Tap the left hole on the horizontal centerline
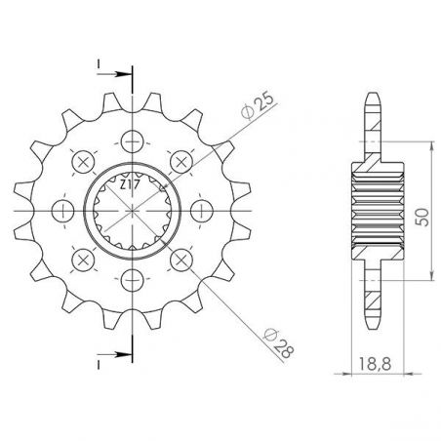click(60, 211)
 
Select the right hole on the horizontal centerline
click(202, 211)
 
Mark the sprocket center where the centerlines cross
click(131, 211)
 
